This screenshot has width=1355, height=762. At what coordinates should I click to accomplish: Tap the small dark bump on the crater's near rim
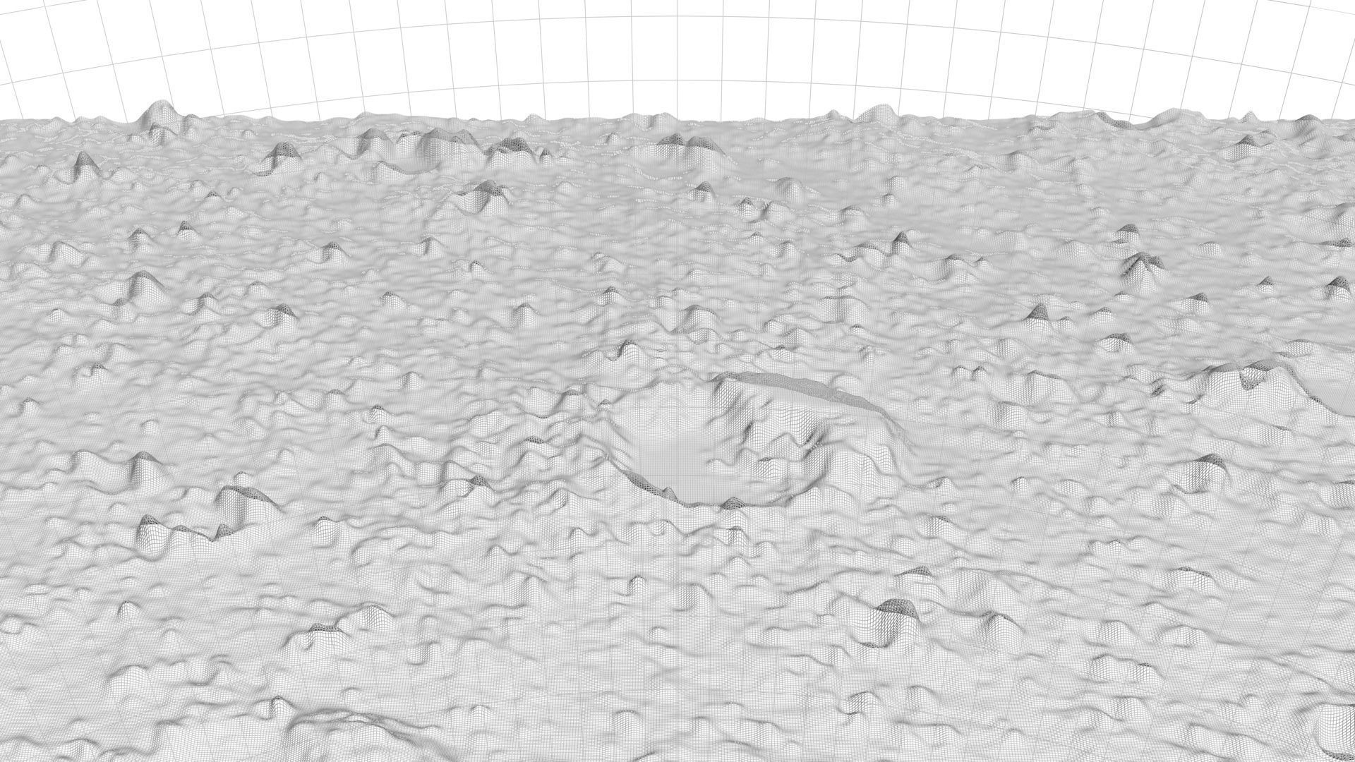point(734,503)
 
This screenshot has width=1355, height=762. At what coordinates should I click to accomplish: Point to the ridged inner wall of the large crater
point(783,445)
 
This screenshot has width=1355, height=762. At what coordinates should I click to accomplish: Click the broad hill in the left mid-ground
point(145,286)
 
